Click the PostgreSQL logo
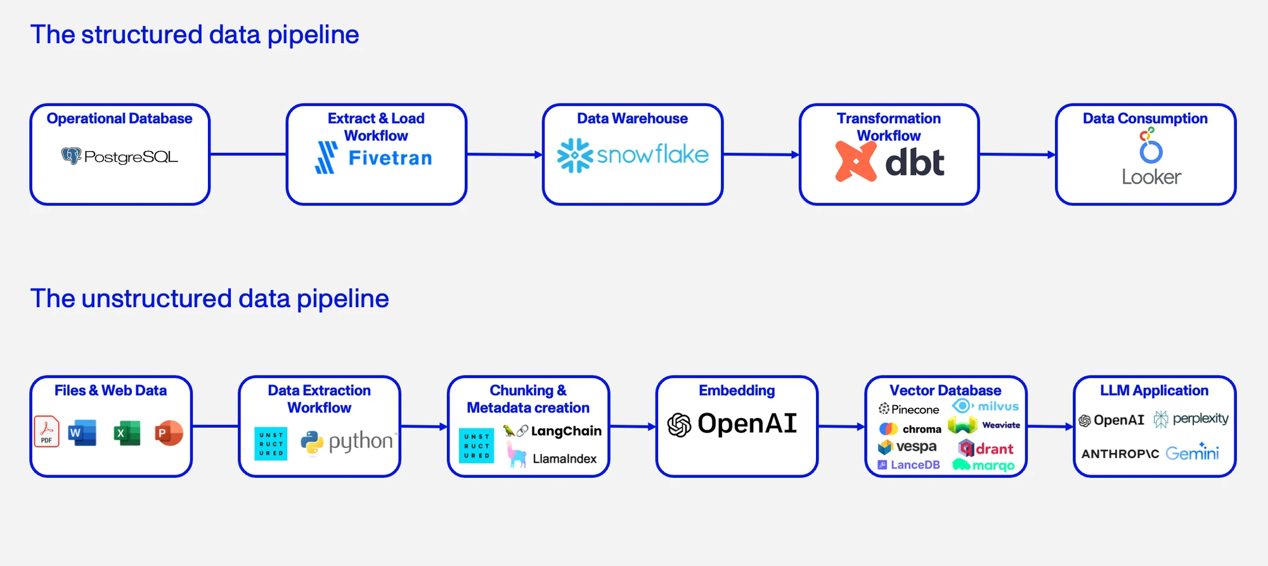click(x=120, y=156)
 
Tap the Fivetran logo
click(x=373, y=157)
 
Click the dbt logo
click(x=890, y=162)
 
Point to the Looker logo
click(x=1151, y=157)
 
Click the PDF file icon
click(x=46, y=431)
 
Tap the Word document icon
click(x=82, y=433)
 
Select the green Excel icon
click(x=127, y=433)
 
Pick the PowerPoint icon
click(x=169, y=433)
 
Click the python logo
click(x=347, y=442)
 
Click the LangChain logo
click(x=552, y=431)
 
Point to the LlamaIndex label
click(x=564, y=459)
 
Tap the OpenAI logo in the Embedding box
click(x=732, y=424)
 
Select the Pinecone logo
click(x=909, y=409)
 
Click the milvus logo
click(x=985, y=406)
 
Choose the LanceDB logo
click(x=909, y=464)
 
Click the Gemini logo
click(x=1192, y=452)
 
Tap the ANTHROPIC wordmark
click(x=1120, y=454)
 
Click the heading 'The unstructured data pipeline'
click(x=210, y=298)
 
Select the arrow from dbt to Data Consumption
click(x=1018, y=154)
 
